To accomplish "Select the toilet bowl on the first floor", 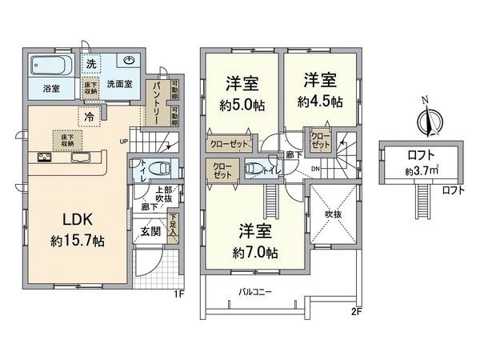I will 159,170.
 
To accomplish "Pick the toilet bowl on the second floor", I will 255,169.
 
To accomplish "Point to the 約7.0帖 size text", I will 257,253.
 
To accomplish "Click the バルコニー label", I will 254,292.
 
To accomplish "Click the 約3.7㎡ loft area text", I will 421,171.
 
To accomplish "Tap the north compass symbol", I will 428,120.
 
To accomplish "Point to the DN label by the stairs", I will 316,169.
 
